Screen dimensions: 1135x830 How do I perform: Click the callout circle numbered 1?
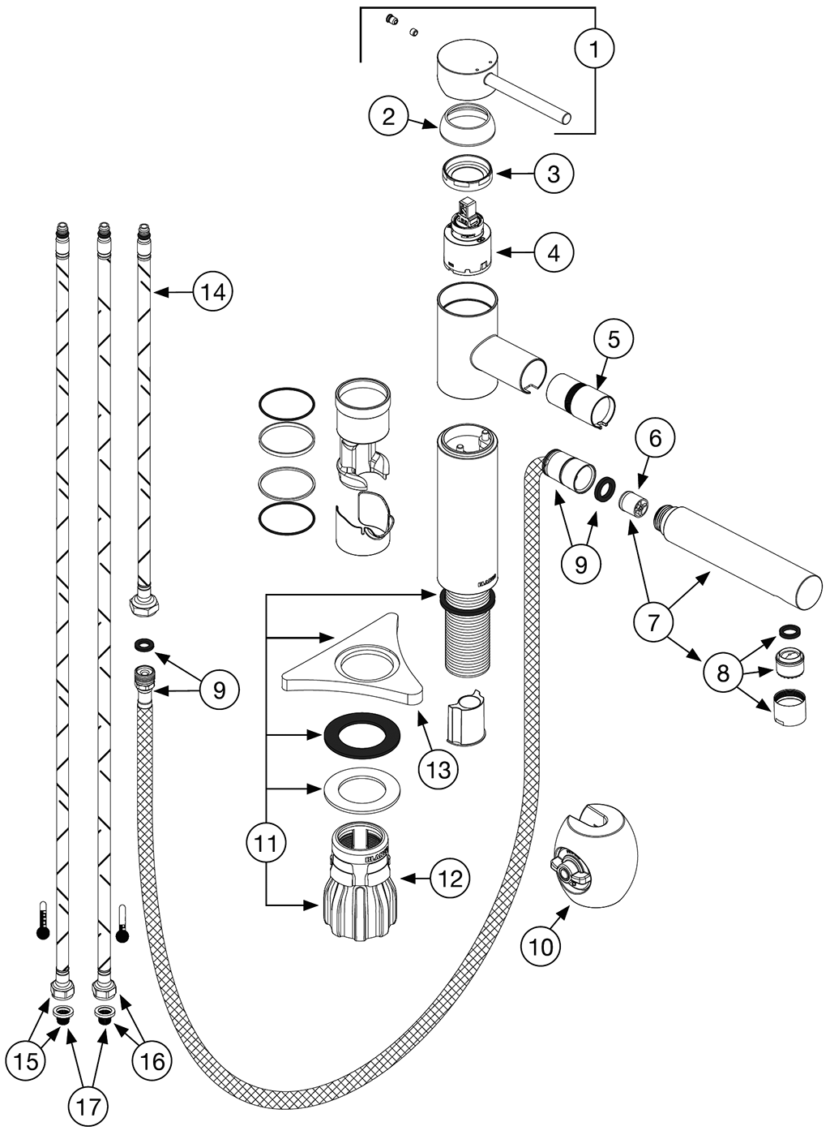click(594, 49)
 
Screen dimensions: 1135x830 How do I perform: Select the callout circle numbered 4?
click(554, 252)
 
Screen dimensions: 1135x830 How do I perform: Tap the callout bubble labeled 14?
click(213, 291)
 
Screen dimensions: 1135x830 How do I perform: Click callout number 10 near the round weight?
click(541, 945)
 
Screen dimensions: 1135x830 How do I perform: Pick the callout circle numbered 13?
click(439, 768)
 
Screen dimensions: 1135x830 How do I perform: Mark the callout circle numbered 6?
click(655, 439)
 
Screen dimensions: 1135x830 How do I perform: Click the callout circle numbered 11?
click(267, 844)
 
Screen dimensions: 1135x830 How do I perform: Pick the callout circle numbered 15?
click(26, 1060)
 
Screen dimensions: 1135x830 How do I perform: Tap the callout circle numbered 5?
click(614, 339)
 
